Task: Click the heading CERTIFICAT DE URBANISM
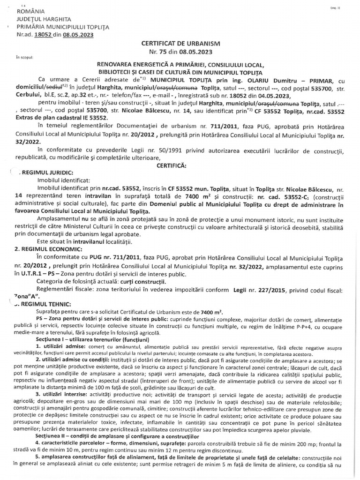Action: click(180, 43)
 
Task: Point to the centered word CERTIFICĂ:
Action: click(181, 165)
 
